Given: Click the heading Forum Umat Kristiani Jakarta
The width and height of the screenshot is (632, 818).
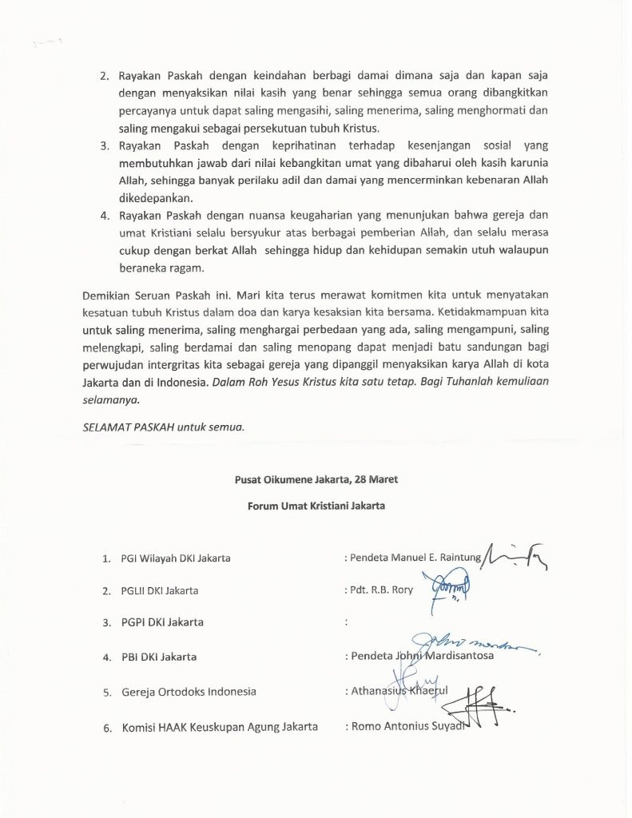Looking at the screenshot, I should point(316,506).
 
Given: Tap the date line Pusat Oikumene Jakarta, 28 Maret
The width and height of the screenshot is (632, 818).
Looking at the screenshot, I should point(316,479).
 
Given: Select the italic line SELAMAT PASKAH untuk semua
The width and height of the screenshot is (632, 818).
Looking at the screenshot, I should point(163,426).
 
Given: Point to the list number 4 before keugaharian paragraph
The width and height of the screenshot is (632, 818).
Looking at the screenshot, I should point(104,216).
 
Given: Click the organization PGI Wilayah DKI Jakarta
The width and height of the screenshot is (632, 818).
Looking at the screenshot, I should point(176,558).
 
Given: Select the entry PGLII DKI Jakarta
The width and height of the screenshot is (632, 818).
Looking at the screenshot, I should point(160,590).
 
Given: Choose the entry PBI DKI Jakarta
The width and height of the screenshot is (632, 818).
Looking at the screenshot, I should point(158,657).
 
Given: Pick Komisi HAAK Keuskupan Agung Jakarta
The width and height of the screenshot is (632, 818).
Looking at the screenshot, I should point(220,726).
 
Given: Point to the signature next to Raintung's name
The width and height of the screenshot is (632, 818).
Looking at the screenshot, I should point(515,553).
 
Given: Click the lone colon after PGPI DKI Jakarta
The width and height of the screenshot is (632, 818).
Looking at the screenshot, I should point(345,622).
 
